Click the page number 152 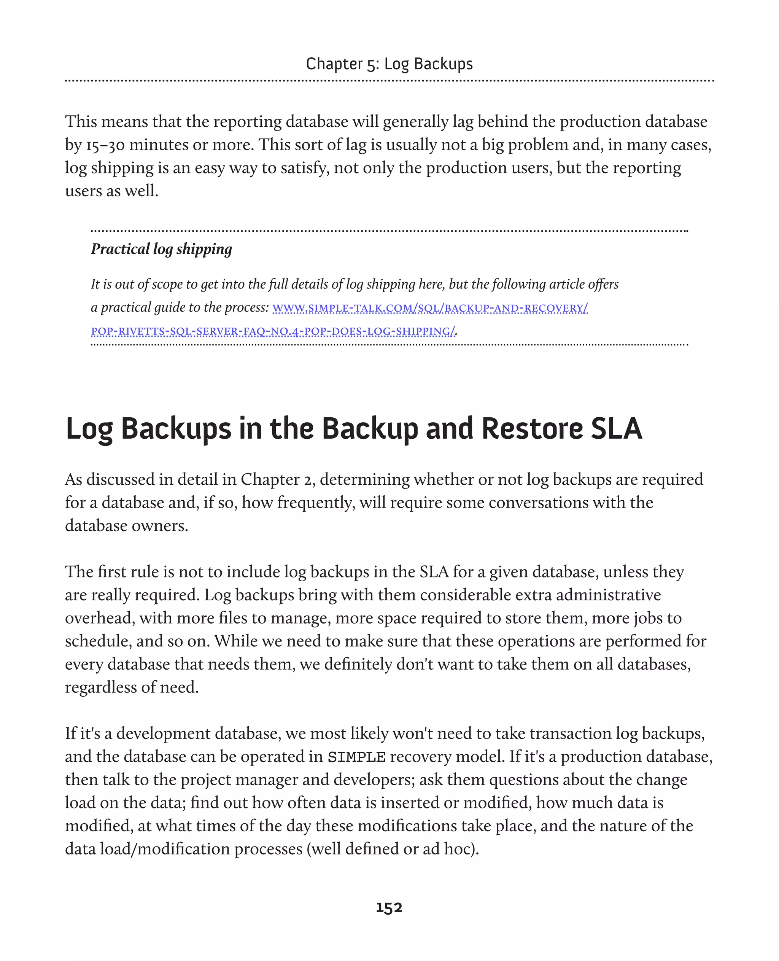[x=389, y=908]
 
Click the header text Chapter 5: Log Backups [x=389, y=64]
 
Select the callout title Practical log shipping [x=162, y=249]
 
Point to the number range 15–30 [x=105, y=145]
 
